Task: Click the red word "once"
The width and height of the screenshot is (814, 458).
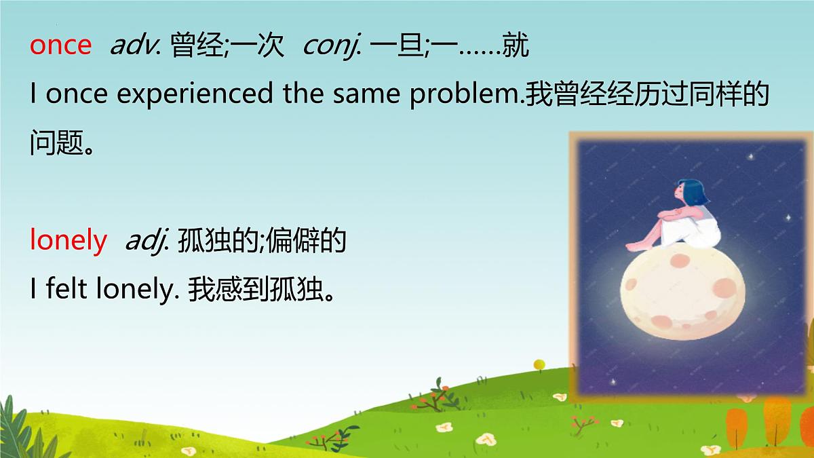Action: point(60,45)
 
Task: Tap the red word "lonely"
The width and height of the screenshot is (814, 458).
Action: point(68,240)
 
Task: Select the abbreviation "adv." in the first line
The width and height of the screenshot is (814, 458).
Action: point(134,45)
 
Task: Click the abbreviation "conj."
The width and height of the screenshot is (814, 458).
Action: point(330,45)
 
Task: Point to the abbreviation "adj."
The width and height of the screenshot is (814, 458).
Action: point(147,240)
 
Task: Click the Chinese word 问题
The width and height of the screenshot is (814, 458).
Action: point(56,144)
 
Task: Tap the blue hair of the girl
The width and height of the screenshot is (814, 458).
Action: point(693,192)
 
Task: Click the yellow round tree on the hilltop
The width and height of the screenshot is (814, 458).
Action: point(539,365)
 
